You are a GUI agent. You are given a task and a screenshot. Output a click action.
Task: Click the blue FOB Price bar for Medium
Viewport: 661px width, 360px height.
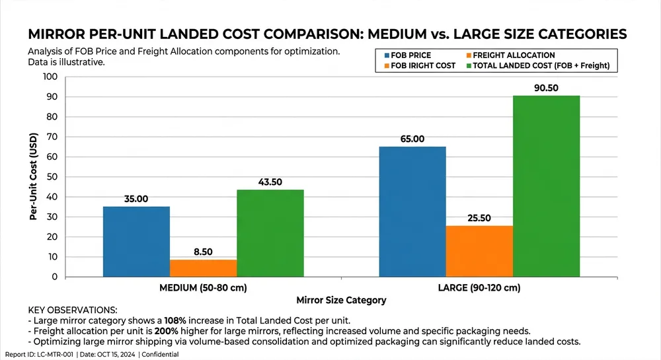pos(136,242)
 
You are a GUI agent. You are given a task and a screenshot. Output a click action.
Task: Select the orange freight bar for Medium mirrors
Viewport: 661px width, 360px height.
pos(203,268)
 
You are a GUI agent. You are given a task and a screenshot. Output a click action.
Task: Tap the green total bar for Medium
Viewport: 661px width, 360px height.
pos(270,233)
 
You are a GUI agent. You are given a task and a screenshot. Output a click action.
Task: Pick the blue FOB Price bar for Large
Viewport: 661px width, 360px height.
pos(412,211)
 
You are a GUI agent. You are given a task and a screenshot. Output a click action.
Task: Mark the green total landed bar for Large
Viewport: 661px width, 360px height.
pos(546,186)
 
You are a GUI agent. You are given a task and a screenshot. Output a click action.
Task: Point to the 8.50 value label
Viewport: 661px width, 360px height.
pos(203,252)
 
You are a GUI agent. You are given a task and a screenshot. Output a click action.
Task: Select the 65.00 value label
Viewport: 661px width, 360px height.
pos(412,139)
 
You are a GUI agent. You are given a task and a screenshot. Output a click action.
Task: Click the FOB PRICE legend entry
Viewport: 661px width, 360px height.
pos(412,55)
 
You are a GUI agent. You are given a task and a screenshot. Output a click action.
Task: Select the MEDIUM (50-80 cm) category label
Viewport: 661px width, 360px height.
pos(204,288)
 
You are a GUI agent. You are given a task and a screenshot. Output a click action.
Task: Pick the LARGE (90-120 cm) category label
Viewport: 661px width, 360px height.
pos(479,288)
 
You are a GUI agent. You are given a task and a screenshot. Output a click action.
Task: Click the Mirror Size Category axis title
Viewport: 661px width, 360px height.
pos(341,300)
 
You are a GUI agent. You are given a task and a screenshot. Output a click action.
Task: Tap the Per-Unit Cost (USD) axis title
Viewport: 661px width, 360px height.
pos(32,176)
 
